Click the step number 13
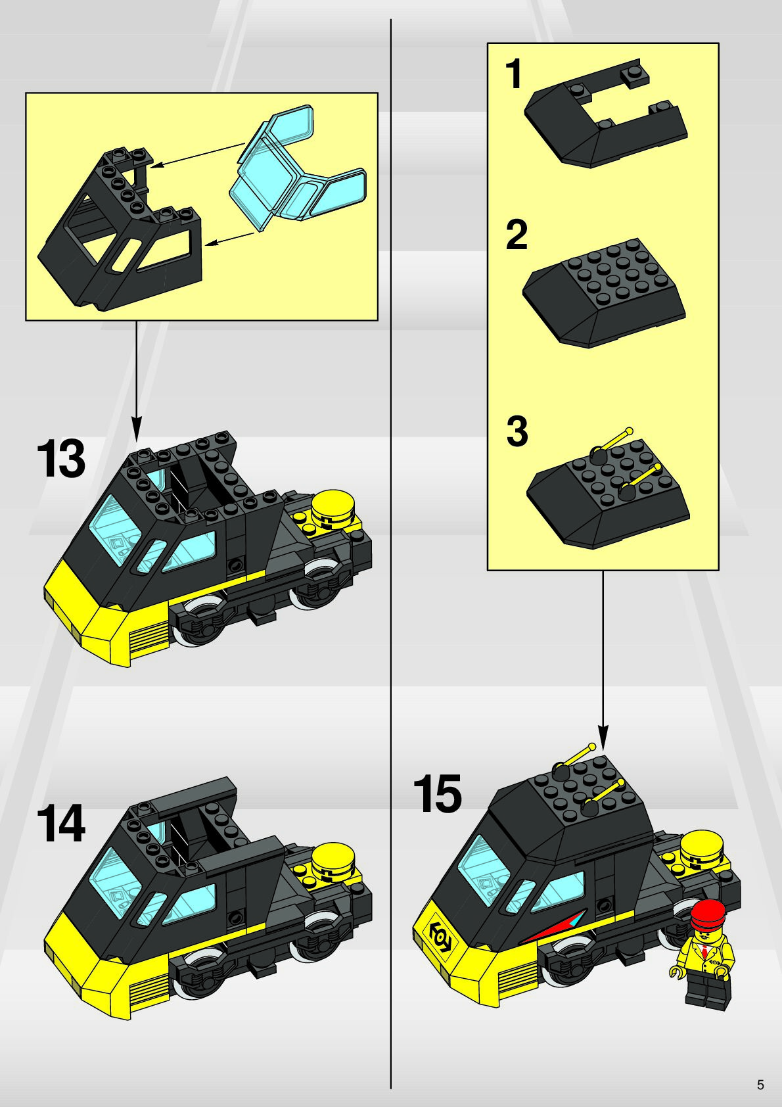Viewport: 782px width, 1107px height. tap(60, 459)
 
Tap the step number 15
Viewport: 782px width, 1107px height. tap(438, 793)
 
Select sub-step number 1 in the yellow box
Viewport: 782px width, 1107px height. tap(515, 74)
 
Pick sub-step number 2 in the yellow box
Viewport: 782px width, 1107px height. tap(517, 235)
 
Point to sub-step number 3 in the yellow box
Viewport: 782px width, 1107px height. tap(517, 431)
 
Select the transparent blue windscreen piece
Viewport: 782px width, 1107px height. tap(298, 169)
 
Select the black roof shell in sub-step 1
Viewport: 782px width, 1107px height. tap(605, 114)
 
